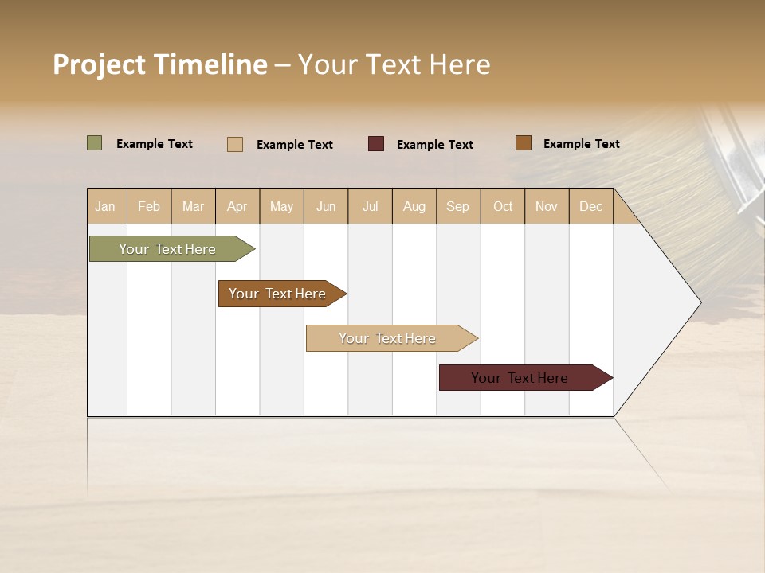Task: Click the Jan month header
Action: pyautogui.click(x=106, y=206)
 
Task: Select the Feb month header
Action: pyautogui.click(x=149, y=206)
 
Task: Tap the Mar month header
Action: pyautogui.click(x=193, y=206)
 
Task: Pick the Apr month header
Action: pyautogui.click(x=237, y=206)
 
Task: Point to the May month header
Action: pyautogui.click(x=281, y=206)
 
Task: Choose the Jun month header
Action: pyautogui.click(x=326, y=206)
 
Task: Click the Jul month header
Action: pyautogui.click(x=370, y=206)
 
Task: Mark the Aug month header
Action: pyautogui.click(x=414, y=206)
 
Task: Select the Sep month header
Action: pyautogui.click(x=458, y=206)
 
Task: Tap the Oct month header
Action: pyautogui.click(x=503, y=206)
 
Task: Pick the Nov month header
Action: pyautogui.click(x=547, y=206)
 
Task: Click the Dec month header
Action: pyautogui.click(x=591, y=206)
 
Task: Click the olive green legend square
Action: pyautogui.click(x=95, y=143)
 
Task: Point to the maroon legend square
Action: pyautogui.click(x=376, y=144)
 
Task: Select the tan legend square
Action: pyautogui.click(x=235, y=144)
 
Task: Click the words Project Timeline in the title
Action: pyautogui.click(x=160, y=64)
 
